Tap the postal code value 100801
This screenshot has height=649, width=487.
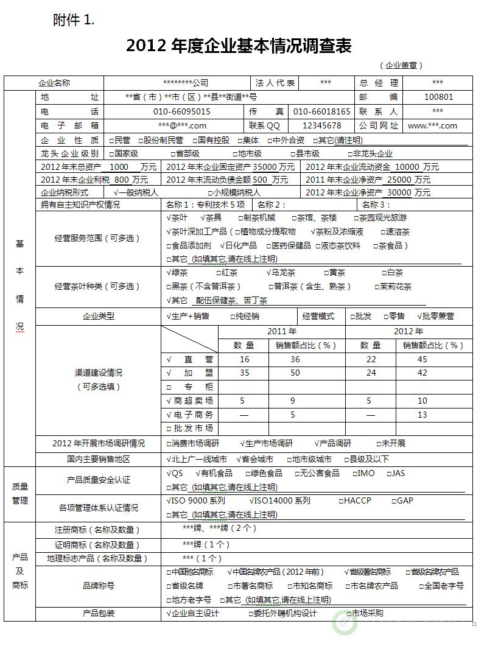tap(438, 97)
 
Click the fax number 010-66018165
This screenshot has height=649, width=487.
tap(322, 111)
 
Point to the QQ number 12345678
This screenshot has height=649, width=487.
tap(322, 126)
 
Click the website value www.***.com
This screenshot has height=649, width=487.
tap(432, 126)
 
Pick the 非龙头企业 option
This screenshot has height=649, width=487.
tap(369, 154)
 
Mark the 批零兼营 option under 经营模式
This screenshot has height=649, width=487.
tap(435, 316)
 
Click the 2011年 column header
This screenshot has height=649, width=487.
tap(282, 332)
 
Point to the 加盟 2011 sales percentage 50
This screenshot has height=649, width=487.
tap(295, 373)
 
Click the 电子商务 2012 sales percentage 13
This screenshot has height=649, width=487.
tap(422, 415)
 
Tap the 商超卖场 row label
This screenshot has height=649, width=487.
tap(190, 401)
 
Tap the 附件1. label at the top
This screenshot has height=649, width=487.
tap(74, 21)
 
